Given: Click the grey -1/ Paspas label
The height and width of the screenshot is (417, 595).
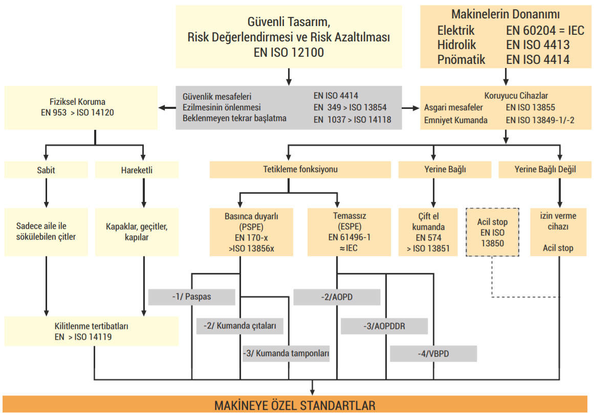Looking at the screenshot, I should pyautogui.click(x=191, y=297).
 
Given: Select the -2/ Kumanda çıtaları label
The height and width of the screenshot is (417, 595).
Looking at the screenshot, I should pyautogui.click(x=239, y=326).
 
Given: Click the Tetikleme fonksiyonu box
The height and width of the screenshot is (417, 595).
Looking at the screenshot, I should pyautogui.click(x=289, y=170).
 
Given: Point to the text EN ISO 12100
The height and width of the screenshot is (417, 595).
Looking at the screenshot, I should pyautogui.click(x=289, y=52).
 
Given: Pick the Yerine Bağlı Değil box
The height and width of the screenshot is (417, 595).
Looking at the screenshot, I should pyautogui.click(x=544, y=170).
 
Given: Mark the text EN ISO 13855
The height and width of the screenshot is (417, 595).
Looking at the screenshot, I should pyautogui.click(x=530, y=108).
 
